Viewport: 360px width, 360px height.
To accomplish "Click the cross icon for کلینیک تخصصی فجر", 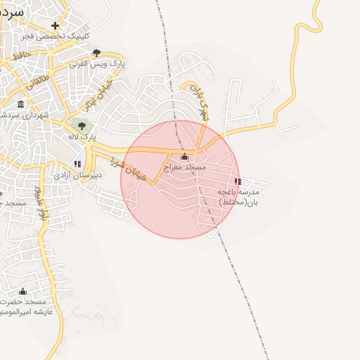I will (55, 25).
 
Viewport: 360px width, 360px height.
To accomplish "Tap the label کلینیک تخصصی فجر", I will (55, 35).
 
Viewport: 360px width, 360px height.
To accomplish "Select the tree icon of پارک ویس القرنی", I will (97, 53).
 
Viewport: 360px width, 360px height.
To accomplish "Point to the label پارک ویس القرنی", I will (97, 63).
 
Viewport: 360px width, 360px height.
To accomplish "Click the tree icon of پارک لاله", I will (82, 126).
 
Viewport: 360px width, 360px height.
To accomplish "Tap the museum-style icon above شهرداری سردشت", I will (20, 105).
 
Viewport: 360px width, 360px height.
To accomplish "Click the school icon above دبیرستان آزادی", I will (77, 164).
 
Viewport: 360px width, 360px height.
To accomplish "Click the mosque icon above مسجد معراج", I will (184, 157).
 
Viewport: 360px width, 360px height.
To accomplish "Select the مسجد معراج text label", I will (185, 167).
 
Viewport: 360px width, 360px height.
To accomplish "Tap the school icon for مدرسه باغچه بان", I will (238, 181).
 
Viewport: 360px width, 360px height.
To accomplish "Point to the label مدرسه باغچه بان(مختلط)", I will (238, 196).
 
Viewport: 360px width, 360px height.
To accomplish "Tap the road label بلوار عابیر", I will (41, 203).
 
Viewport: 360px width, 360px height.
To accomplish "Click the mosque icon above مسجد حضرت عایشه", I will (22, 291).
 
